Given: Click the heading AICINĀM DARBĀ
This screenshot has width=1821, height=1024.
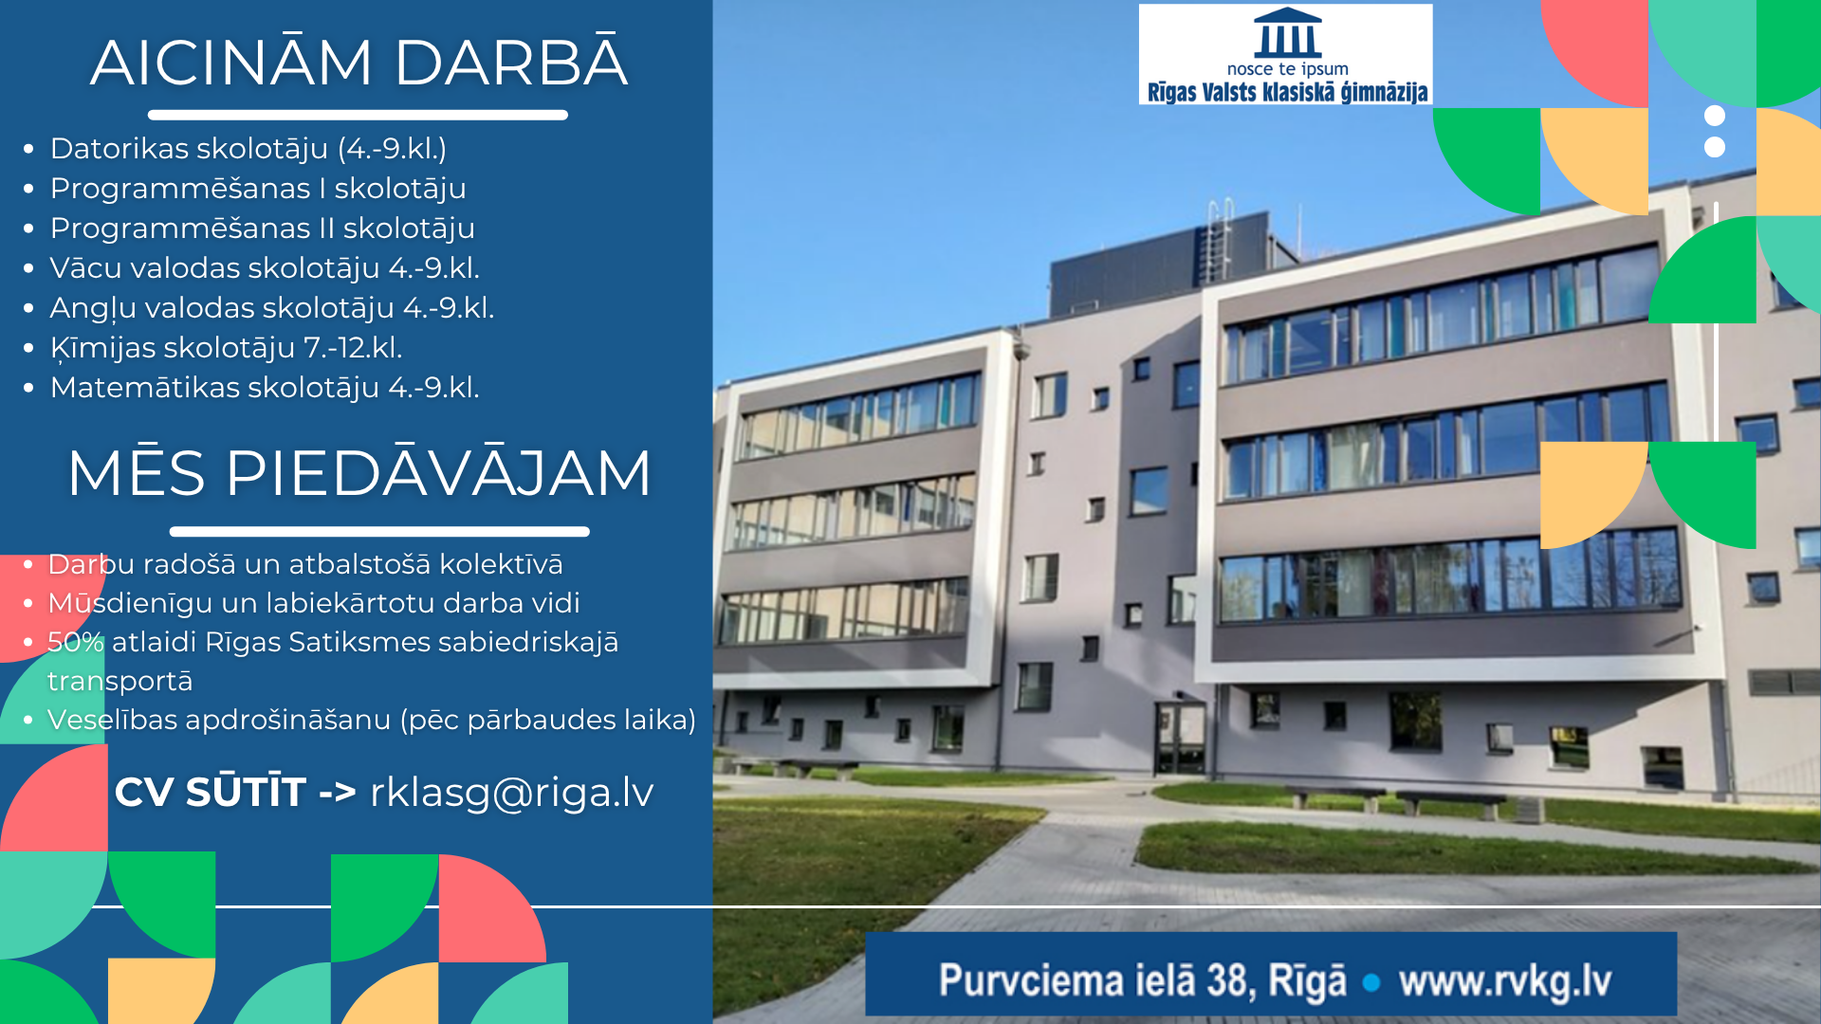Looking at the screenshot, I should point(359,64).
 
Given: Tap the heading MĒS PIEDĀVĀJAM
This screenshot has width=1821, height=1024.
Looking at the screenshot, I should point(359,472).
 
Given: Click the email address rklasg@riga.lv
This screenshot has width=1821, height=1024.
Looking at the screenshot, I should point(511,792).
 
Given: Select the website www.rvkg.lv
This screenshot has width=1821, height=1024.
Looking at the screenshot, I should point(1504,980).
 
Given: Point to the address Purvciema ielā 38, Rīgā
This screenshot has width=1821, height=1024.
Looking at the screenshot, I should point(1142,980).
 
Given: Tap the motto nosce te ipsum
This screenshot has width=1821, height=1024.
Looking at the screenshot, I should point(1287,69).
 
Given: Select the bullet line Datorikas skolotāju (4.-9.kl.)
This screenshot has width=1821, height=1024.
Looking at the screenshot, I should point(248,149).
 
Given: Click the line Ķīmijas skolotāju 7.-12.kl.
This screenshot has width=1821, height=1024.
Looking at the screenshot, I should point(226,348).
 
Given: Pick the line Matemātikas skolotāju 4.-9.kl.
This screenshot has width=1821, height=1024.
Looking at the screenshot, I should point(265,388).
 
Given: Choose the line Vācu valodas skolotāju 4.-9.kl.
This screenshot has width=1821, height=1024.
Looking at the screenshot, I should point(265,268).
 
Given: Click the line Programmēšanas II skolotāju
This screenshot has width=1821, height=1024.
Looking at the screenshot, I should point(262,229).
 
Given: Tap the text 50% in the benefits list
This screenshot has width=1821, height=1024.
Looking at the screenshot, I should point(75,642).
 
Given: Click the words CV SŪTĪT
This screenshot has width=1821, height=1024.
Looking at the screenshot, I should point(210,792).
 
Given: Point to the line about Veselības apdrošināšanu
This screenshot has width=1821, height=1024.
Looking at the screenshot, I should point(371,720).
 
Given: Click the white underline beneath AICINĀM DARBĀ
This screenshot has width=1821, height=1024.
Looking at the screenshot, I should point(358,115).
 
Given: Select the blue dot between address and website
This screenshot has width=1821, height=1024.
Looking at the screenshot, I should point(1370,982).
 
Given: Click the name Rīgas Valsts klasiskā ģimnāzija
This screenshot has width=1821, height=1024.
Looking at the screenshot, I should point(1287,92).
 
